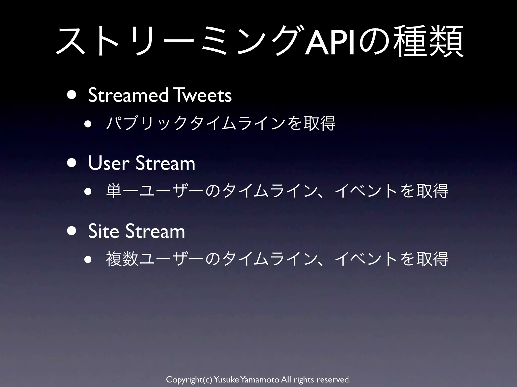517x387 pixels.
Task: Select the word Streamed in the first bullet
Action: (x=128, y=95)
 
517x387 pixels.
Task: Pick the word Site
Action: (x=103, y=231)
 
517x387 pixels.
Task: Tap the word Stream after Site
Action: (x=155, y=231)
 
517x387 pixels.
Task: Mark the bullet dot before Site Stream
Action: (x=72, y=231)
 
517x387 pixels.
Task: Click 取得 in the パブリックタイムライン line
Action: (x=319, y=123)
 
